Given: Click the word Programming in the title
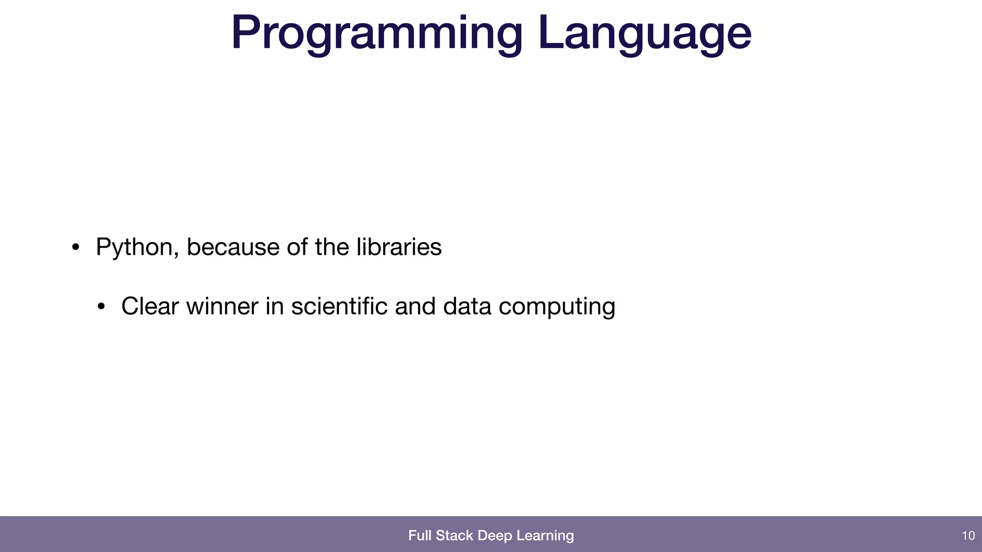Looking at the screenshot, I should (x=376, y=34).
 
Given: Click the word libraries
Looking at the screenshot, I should (x=399, y=247).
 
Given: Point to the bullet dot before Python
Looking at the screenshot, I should (x=75, y=248).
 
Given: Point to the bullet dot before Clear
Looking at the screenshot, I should (x=101, y=307).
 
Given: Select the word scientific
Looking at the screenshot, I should (x=339, y=306).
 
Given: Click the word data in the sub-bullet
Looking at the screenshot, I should (x=467, y=306).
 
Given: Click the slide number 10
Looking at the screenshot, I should (x=968, y=536).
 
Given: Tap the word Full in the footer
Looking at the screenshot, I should (x=420, y=535).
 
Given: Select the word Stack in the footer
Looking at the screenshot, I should (x=454, y=535).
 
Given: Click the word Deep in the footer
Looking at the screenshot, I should (x=495, y=536).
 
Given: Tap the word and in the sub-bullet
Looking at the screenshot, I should (x=415, y=306).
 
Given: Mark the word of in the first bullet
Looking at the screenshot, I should (x=297, y=247).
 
